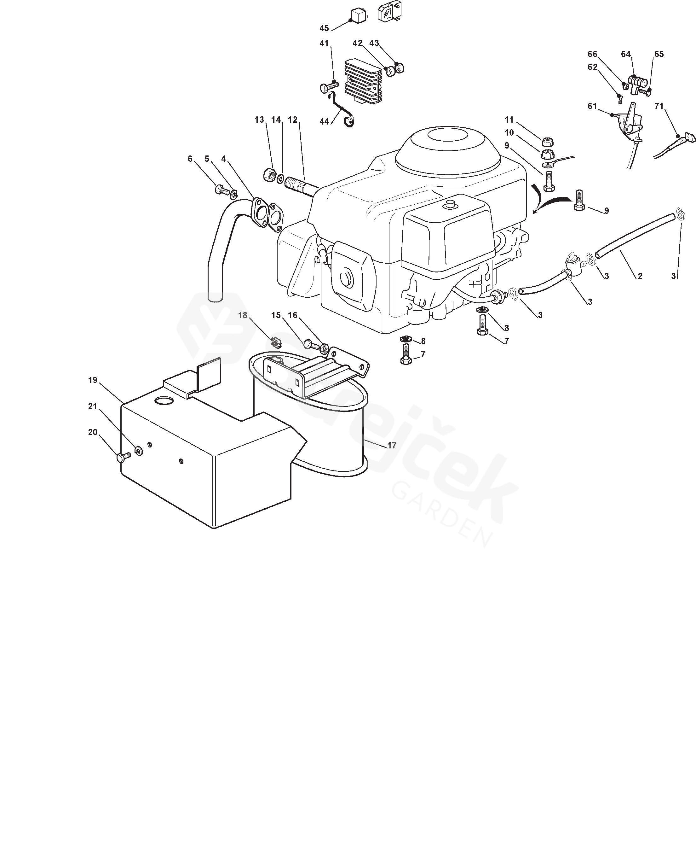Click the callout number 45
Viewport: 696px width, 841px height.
(324, 28)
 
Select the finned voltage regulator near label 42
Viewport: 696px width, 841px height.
(363, 82)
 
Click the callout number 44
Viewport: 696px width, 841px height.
(324, 121)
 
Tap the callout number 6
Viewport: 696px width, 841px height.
(190, 159)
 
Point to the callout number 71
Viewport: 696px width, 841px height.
(659, 106)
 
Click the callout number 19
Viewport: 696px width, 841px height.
(93, 380)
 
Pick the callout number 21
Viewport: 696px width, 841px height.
(93, 406)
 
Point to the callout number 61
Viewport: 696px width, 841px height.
(592, 106)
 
